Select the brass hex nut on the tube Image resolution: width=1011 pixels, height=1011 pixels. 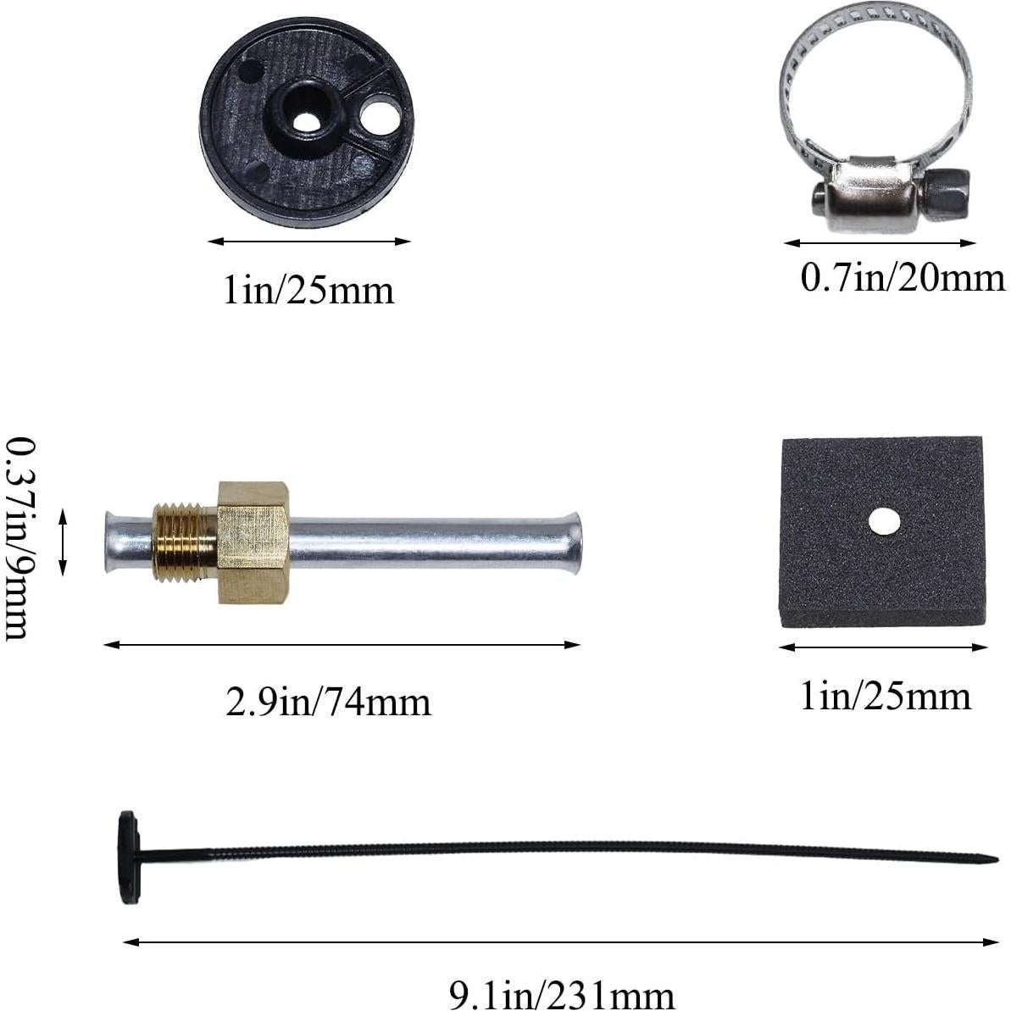pyautogui.click(x=253, y=542)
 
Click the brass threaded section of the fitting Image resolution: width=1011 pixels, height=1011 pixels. pyautogui.click(x=184, y=542)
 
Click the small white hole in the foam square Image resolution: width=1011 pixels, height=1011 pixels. pyautogui.click(x=883, y=522)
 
